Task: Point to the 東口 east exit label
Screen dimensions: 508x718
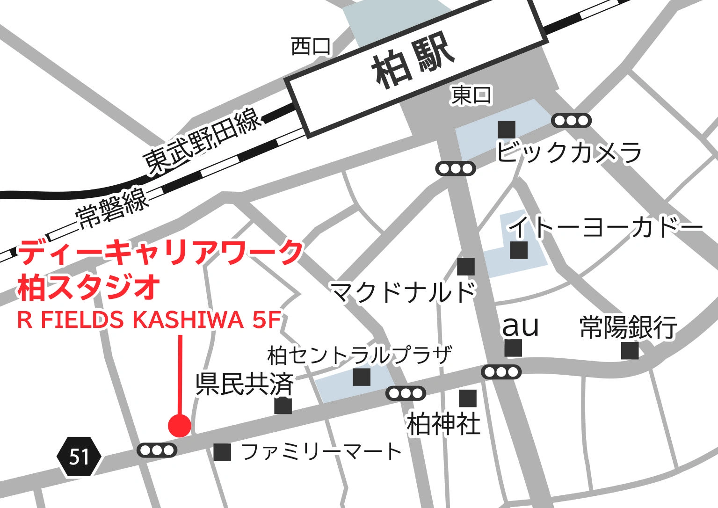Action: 471,95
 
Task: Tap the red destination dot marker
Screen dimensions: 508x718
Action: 180,425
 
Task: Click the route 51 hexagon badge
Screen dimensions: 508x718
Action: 79,456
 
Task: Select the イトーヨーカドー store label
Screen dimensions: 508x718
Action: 606,227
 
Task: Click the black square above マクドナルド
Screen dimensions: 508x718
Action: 466,267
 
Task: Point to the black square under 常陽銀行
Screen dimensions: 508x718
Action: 630,350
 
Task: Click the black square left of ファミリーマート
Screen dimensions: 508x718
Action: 223,452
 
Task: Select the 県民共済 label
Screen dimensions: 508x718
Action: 245,384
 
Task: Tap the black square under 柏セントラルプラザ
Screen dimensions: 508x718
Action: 362,377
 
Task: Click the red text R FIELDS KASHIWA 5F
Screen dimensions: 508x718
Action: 149,320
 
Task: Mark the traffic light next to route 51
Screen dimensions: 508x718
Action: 157,450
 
